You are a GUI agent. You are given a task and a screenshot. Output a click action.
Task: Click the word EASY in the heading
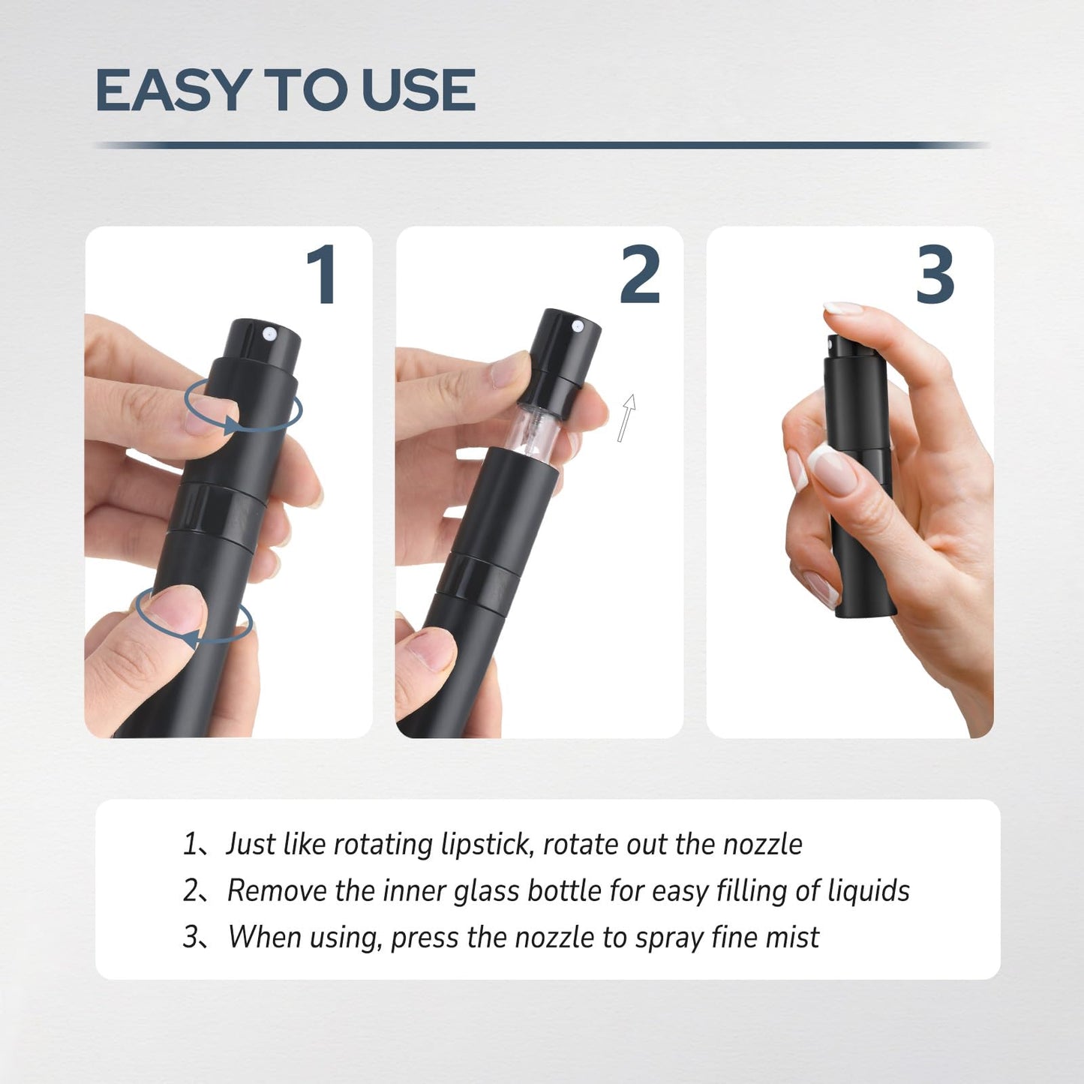[173, 91]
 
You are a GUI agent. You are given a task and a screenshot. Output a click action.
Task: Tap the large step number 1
[323, 275]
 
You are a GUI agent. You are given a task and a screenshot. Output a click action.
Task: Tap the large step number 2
[640, 275]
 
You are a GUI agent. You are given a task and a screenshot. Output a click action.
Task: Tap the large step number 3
[935, 275]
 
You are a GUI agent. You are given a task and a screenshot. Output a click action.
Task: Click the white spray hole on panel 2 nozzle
[578, 326]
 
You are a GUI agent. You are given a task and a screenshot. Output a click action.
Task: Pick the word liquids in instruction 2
[868, 891]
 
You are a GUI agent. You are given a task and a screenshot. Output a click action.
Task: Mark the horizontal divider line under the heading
[540, 145]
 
